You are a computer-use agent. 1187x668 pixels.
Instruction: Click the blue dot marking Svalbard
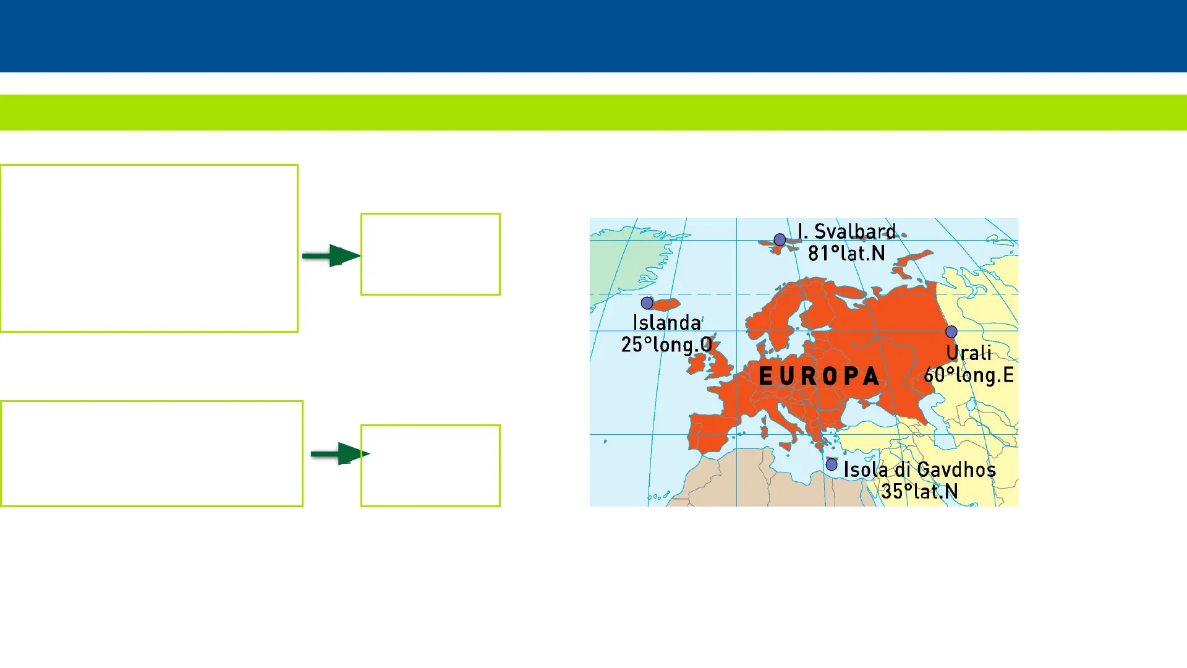(780, 239)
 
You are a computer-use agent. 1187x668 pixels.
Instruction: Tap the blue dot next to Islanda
(647, 303)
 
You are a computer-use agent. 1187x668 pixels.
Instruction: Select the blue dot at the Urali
(951, 332)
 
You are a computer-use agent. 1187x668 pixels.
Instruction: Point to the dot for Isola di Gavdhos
(832, 465)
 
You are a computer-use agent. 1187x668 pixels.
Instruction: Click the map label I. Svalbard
(846, 231)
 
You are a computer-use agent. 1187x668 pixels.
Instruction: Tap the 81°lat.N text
(846, 253)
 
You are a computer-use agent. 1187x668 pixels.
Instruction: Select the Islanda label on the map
(666, 322)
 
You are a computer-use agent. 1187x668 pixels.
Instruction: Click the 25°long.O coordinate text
(666, 345)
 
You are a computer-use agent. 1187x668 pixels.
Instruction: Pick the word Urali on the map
(969, 353)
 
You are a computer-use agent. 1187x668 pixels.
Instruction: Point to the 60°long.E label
(969, 375)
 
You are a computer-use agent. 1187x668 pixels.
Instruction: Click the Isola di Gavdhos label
(920, 469)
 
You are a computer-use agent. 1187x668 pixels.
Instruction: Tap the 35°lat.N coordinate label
(920, 492)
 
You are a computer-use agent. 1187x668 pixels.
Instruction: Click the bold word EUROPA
(819, 376)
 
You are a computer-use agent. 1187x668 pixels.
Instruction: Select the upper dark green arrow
(331, 255)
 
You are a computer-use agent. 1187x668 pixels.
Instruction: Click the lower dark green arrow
(340, 454)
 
